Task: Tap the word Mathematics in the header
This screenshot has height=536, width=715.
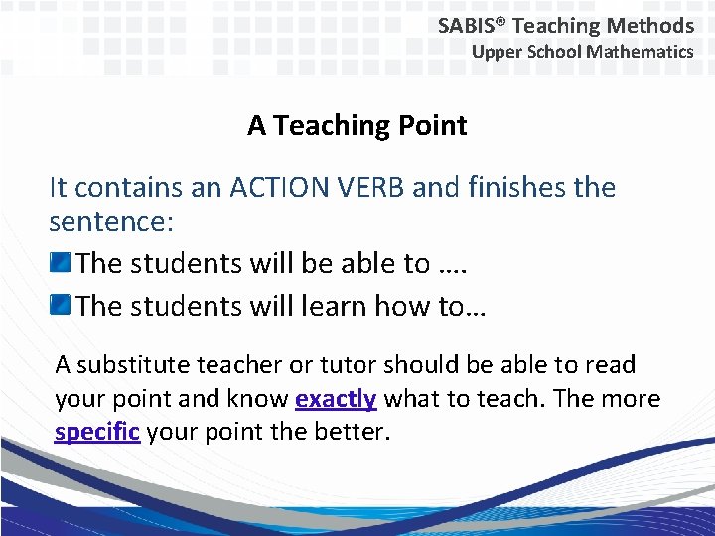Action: pyautogui.click(x=640, y=52)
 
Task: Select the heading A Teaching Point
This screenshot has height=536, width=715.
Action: pyautogui.click(x=357, y=126)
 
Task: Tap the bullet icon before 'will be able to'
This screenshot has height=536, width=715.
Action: pyautogui.click(x=61, y=263)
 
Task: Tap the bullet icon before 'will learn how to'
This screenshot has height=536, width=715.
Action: pyautogui.click(x=61, y=305)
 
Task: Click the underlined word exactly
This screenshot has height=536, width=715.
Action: pyautogui.click(x=336, y=399)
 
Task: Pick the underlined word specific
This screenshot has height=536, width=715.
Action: pyautogui.click(x=97, y=433)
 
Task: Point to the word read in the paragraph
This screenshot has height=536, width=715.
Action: pyautogui.click(x=612, y=365)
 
